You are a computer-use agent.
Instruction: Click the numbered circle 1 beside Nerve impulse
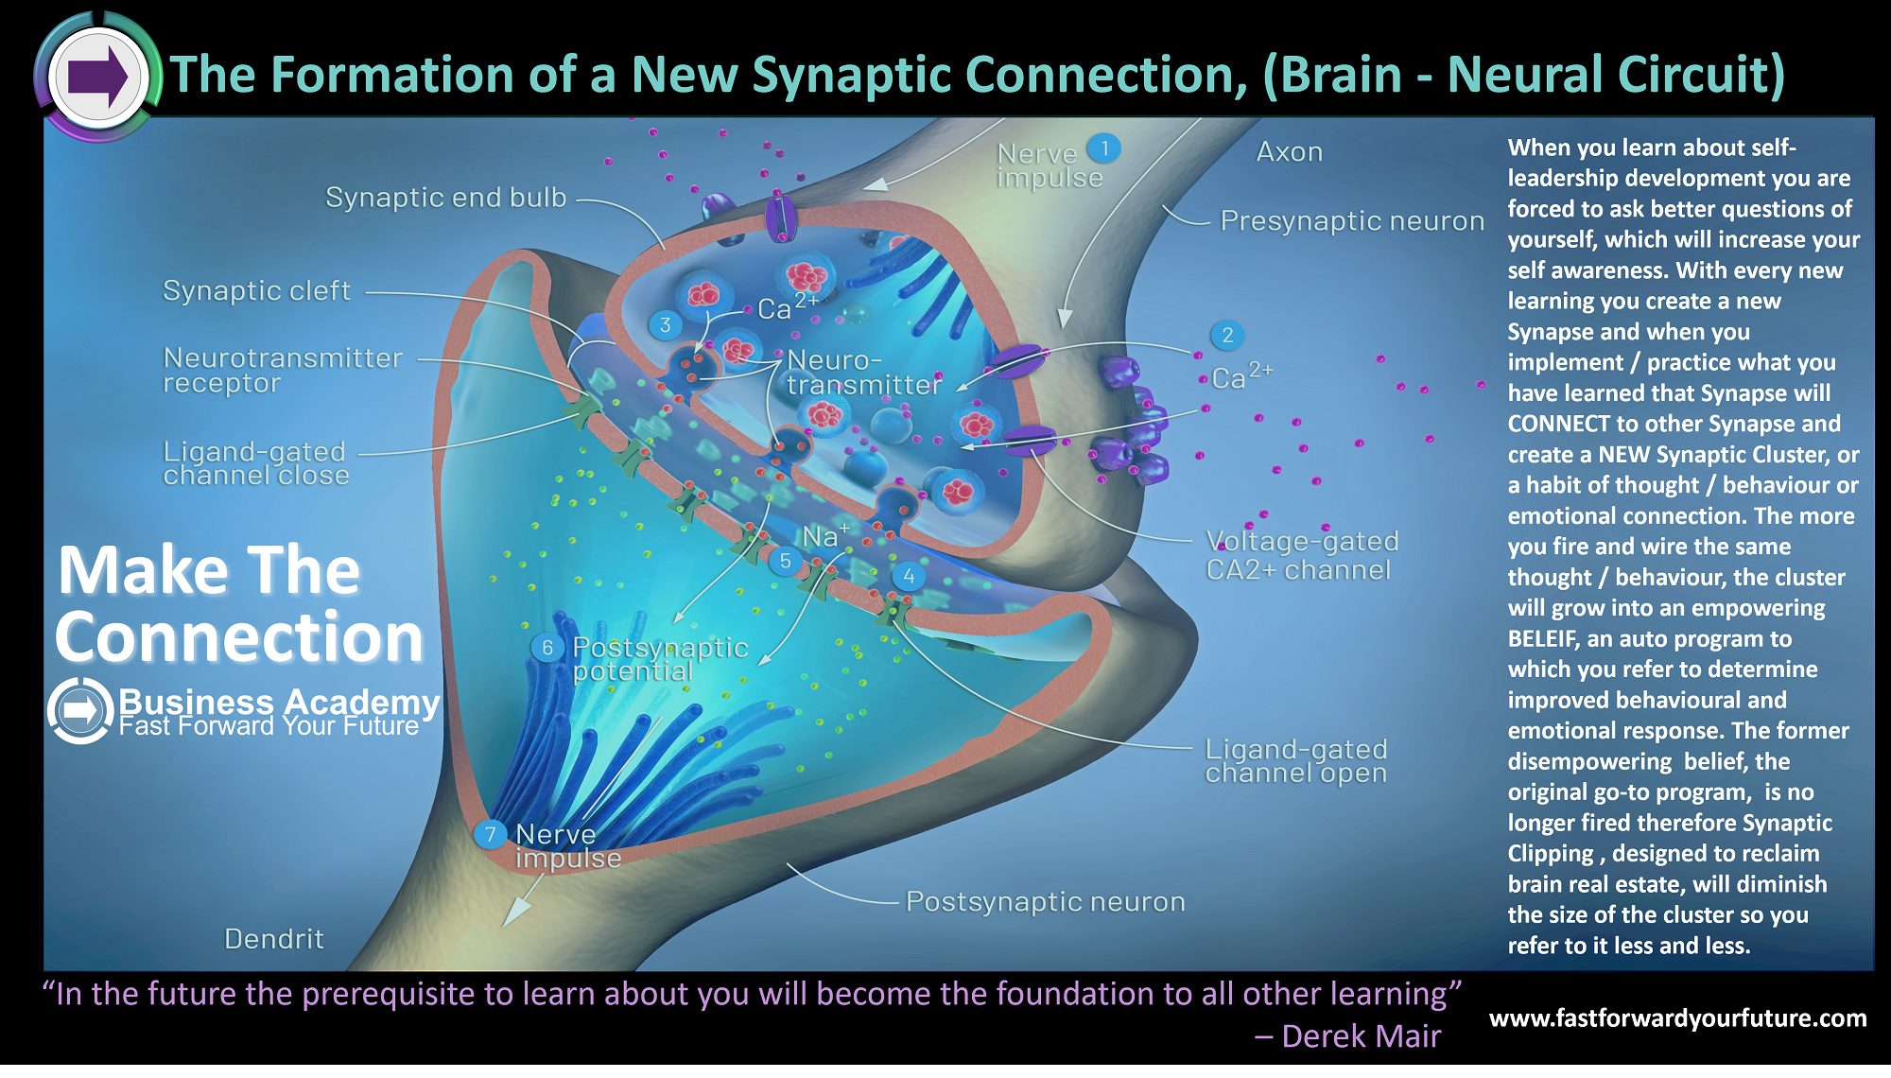1103,148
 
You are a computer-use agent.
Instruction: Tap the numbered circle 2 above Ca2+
1227,335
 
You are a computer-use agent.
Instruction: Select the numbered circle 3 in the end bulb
666,325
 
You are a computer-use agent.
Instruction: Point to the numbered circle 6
546,648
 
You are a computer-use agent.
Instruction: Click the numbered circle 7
490,834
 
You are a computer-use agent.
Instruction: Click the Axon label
1290,151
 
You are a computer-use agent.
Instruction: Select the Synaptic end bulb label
445,197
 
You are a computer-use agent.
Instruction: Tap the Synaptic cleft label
256,290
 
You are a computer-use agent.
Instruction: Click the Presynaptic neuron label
1352,220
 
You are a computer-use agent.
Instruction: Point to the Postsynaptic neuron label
1045,901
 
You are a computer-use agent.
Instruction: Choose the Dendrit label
274,939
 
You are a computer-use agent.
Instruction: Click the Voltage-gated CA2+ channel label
1301,555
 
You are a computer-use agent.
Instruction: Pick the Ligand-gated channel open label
1296,761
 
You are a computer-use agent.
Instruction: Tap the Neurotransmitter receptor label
283,370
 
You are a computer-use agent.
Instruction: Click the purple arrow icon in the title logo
98,76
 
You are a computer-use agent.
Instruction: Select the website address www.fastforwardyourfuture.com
1678,1018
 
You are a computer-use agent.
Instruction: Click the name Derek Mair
1361,1036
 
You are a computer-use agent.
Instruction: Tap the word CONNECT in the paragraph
1558,424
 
